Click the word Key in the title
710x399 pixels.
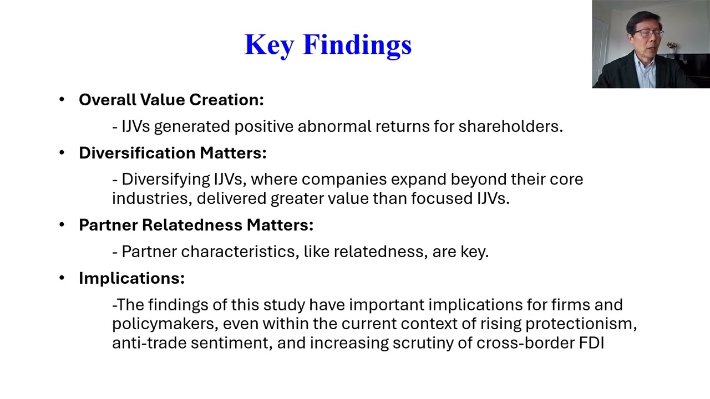pos(269,45)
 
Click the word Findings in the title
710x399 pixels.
pos(357,45)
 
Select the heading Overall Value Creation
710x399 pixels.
pos(171,100)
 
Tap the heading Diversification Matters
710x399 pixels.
pos(173,153)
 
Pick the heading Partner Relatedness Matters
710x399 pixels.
pos(196,225)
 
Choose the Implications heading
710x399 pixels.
pos(131,278)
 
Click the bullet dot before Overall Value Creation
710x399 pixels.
pos(62,100)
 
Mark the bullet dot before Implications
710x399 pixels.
pos(62,278)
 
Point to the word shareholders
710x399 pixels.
pos(510,126)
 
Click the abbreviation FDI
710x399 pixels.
pos(591,342)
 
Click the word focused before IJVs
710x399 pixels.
pos(442,198)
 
